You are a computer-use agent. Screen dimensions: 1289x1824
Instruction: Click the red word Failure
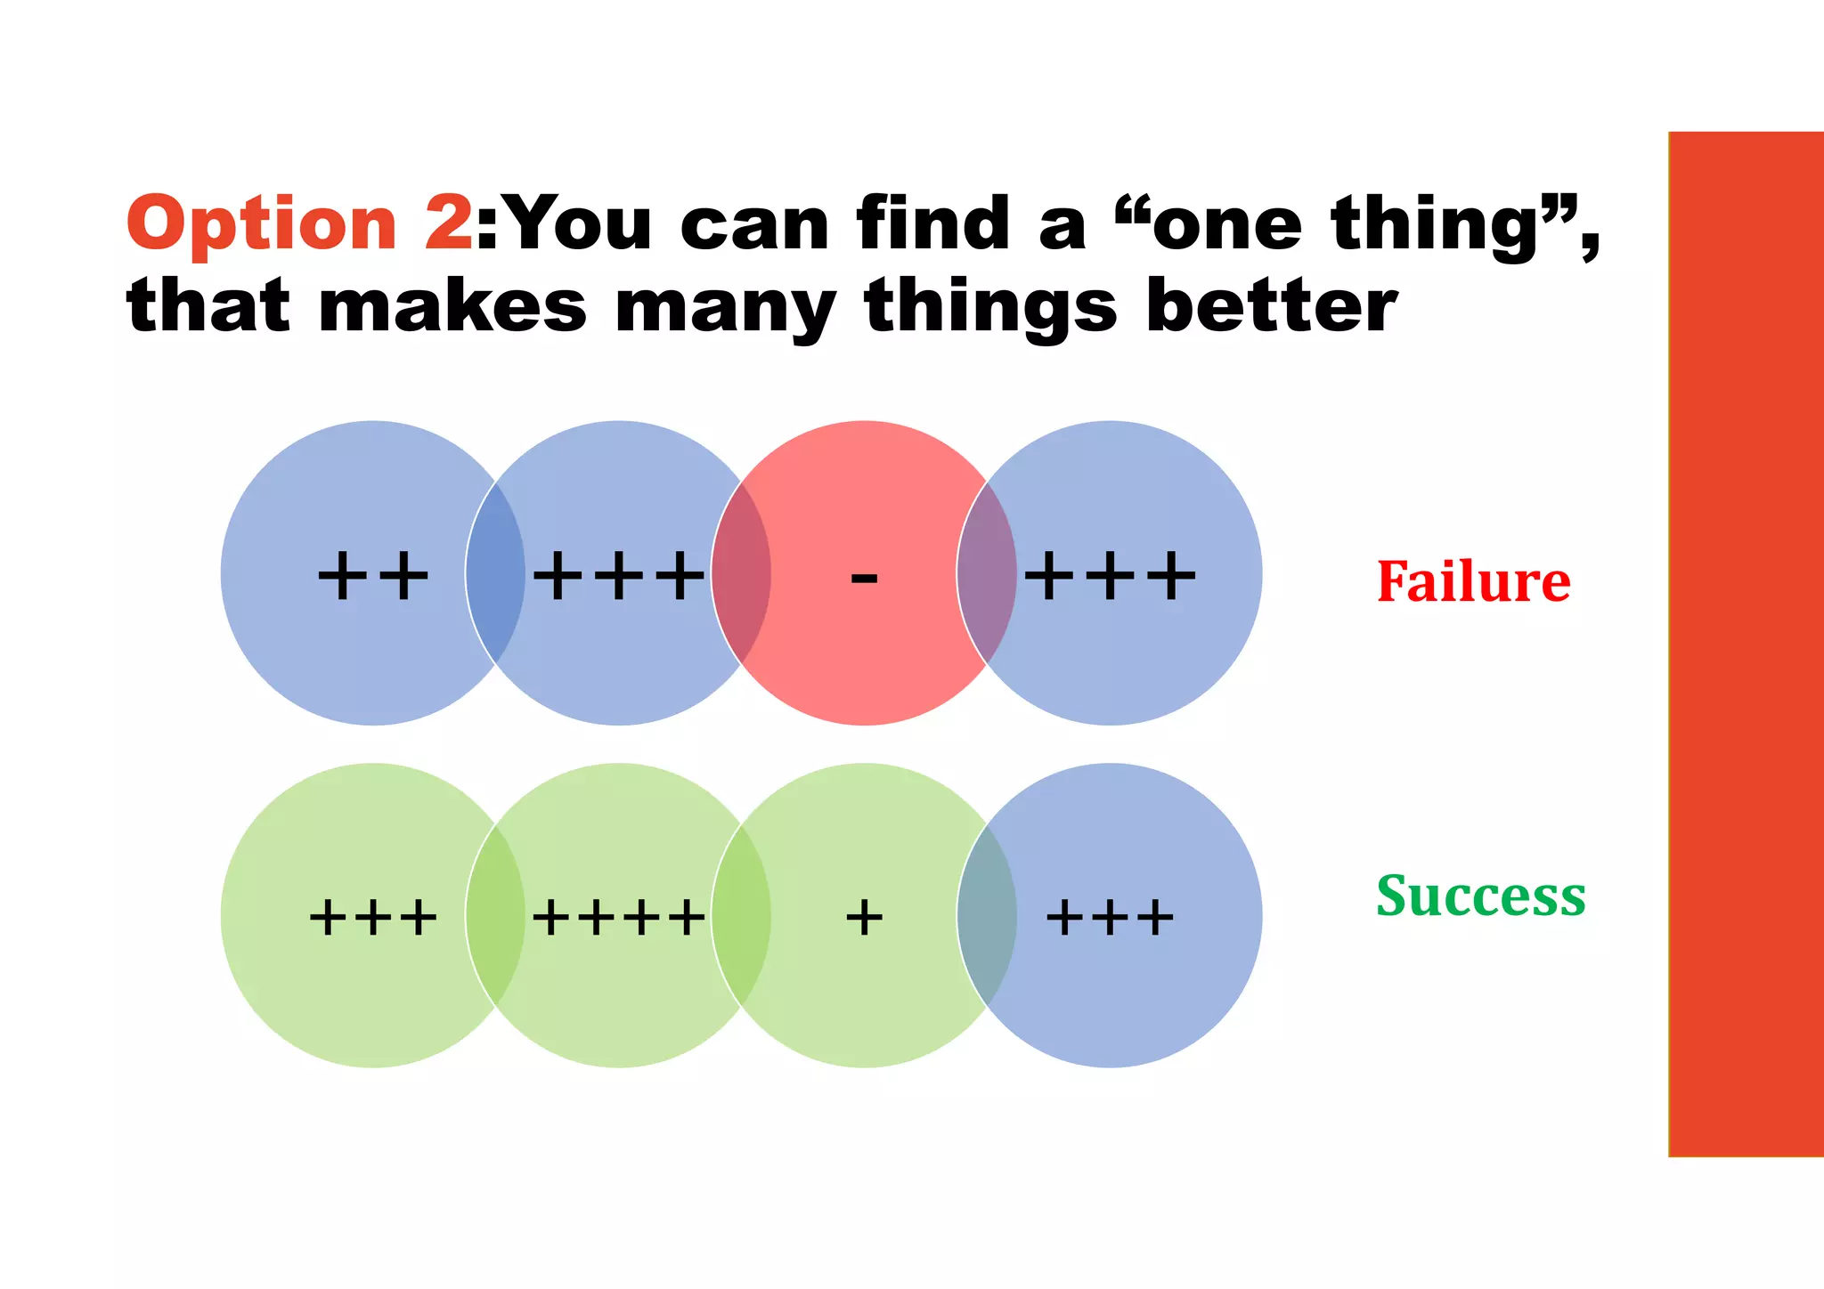pyautogui.click(x=1473, y=582)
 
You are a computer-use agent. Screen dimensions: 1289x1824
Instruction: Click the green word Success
pyautogui.click(x=1480, y=896)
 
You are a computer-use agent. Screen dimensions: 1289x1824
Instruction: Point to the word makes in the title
pyautogui.click(x=452, y=306)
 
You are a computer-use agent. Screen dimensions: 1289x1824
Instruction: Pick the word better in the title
pyautogui.click(x=1272, y=306)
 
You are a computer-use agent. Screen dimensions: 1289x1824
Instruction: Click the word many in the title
pyautogui.click(x=725, y=308)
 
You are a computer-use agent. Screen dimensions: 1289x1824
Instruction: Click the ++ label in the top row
pyautogui.click(x=373, y=576)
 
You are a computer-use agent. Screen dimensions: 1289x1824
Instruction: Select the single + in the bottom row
pyautogui.click(x=864, y=917)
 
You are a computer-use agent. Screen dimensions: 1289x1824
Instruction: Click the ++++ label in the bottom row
pyautogui.click(x=619, y=917)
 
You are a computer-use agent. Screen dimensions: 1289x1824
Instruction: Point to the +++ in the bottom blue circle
pyautogui.click(x=1110, y=917)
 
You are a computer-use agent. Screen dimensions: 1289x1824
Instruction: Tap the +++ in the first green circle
pyautogui.click(x=373, y=917)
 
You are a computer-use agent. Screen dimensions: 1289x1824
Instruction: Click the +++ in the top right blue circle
pyautogui.click(x=1110, y=576)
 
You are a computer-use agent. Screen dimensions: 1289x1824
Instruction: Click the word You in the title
pyautogui.click(x=579, y=223)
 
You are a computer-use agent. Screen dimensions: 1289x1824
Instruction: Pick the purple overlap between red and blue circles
pyautogui.click(x=987, y=574)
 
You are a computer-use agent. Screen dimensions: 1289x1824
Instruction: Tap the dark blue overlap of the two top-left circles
pyautogui.click(x=495, y=574)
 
